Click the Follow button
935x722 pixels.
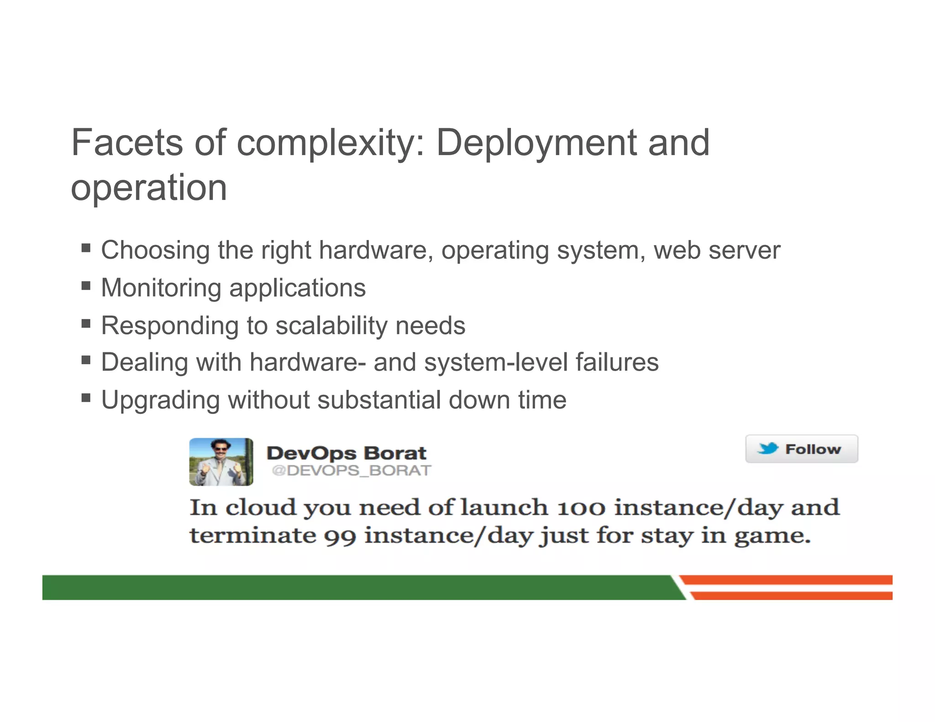tap(801, 449)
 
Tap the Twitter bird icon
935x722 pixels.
tap(768, 449)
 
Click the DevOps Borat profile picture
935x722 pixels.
tap(221, 462)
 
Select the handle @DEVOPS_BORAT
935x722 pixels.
tap(351, 471)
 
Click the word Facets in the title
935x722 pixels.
tap(127, 143)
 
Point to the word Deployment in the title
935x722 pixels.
tap(537, 143)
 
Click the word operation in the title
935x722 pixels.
tap(149, 188)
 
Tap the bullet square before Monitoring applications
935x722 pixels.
tap(86, 286)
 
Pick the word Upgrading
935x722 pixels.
tap(160, 401)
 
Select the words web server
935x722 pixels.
tap(717, 251)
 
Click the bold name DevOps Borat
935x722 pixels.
tap(347, 453)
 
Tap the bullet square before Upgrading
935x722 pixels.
tap(86, 398)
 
